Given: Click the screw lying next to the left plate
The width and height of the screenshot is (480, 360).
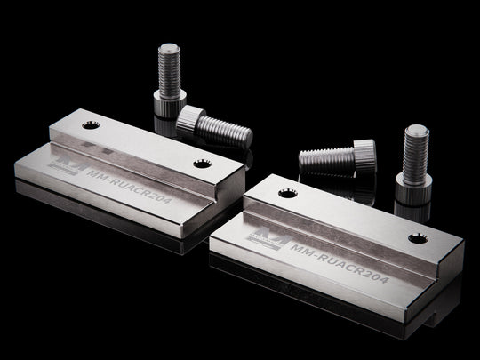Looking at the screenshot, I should point(213,126).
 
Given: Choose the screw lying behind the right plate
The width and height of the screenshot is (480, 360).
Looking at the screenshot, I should point(336,156).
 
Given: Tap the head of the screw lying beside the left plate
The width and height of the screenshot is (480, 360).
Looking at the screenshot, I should point(190,119).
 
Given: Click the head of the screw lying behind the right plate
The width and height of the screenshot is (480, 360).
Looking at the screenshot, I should point(364,152).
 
